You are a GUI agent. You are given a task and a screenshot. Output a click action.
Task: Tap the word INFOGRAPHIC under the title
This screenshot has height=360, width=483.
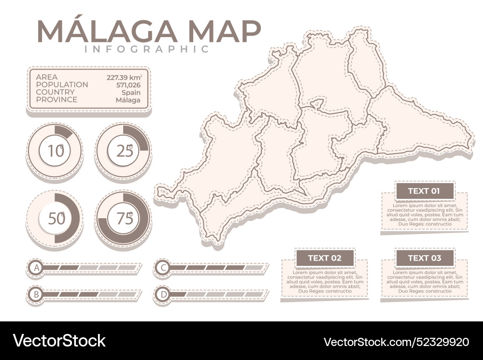tap(147, 49)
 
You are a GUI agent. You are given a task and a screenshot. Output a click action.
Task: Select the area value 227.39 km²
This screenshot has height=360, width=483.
tap(124, 77)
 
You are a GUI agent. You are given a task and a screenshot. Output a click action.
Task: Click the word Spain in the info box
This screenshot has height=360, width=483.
tap(131, 93)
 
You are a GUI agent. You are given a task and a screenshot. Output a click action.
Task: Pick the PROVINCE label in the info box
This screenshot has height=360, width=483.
tap(57, 100)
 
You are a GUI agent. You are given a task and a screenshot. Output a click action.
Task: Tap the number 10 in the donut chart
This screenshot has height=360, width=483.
tap(56, 151)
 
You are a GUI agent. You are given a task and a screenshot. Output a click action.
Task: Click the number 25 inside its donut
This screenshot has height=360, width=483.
tap(124, 151)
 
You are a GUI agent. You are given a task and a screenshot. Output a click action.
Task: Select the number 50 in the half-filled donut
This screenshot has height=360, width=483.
tap(57, 219)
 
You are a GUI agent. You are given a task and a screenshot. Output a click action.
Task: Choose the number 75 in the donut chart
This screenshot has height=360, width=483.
tap(124, 219)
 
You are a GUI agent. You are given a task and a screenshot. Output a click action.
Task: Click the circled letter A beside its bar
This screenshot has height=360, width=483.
tap(35, 267)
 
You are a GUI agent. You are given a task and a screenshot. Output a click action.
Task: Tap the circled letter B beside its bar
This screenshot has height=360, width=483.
tap(35, 293)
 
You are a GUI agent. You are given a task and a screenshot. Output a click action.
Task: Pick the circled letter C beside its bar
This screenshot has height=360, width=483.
tap(164, 267)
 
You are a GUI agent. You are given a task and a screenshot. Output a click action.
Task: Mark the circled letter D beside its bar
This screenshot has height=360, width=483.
tap(164, 293)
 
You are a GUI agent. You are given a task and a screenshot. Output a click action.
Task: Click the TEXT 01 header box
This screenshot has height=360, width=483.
tap(424, 191)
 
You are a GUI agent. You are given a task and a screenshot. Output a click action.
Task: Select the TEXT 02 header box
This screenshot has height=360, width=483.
tap(325, 258)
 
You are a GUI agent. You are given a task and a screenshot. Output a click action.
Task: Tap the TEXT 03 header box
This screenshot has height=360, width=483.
tap(424, 258)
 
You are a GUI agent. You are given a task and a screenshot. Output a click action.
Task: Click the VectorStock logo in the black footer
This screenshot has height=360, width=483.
tap(59, 341)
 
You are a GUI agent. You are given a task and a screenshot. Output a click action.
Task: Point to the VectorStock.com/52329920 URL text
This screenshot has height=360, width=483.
tap(396, 342)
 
